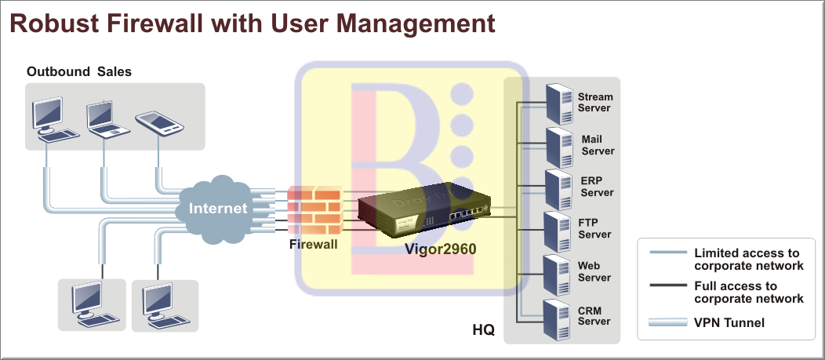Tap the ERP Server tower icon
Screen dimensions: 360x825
tap(560, 187)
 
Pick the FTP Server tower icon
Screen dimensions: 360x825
tap(560, 230)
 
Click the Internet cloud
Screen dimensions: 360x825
tap(217, 209)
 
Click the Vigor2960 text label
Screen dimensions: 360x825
tap(440, 249)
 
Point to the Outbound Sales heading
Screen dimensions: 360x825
tap(79, 71)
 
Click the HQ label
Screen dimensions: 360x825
tap(483, 329)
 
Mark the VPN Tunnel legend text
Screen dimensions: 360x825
tap(729, 322)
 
